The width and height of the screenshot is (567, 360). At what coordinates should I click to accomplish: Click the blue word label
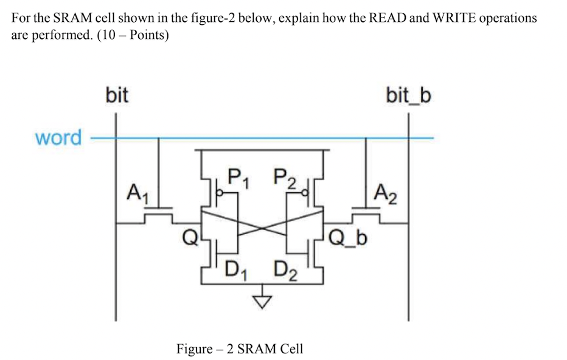[58, 138]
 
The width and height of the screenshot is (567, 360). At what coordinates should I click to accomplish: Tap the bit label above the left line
[117, 95]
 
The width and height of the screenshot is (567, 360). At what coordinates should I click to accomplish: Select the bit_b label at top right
[408, 95]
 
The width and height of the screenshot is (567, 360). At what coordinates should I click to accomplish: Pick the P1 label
[239, 177]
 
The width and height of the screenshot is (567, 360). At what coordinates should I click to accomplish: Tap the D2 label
[285, 268]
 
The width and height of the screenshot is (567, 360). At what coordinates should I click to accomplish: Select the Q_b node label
[349, 236]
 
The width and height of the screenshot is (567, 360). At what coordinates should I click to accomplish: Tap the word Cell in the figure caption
[291, 349]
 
